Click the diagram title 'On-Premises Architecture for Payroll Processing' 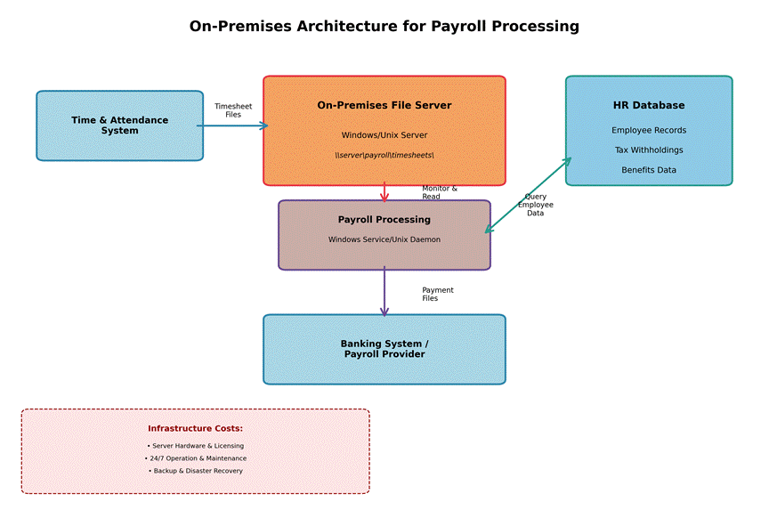384,27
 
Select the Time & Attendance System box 119,125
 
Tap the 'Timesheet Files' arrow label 233,110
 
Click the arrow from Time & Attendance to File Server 232,126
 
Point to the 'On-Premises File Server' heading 384,105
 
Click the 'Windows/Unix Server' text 384,135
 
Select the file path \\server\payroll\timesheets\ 384,155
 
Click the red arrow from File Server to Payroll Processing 384,191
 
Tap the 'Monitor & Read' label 439,192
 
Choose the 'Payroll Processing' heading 384,220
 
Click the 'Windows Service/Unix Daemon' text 384,239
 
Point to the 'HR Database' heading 648,105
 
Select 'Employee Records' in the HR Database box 648,130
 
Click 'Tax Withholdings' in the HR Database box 648,150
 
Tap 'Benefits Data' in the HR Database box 648,170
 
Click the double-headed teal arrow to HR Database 528,196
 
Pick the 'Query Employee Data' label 536,206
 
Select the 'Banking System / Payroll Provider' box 384,349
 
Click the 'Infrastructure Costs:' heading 195,428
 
